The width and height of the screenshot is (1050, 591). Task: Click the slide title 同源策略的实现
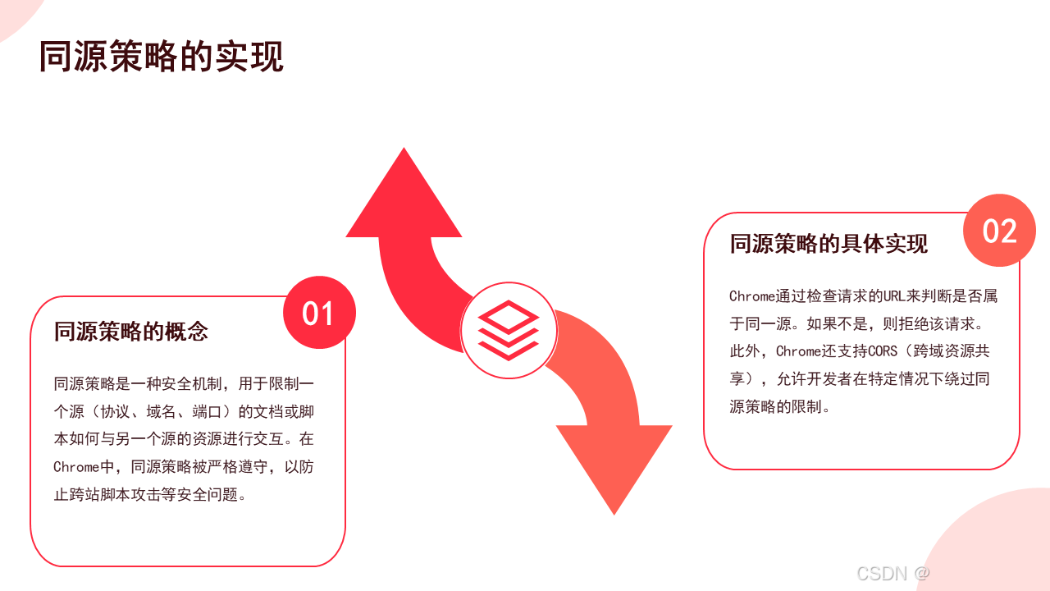point(162,57)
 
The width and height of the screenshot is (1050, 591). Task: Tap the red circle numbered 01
point(319,313)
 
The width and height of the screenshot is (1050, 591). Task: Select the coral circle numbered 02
point(999,231)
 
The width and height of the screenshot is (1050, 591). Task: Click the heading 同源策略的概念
point(131,332)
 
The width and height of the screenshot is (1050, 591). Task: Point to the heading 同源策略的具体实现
point(829,244)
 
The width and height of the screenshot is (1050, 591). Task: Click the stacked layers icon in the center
point(509,330)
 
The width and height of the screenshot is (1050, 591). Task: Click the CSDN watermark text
point(882,573)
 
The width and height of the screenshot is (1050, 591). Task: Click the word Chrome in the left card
point(75,467)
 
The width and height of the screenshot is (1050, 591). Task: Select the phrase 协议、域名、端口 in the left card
point(162,411)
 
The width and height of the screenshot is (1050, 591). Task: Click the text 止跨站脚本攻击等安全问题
point(145,495)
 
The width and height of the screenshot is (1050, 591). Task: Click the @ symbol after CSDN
point(921,573)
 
